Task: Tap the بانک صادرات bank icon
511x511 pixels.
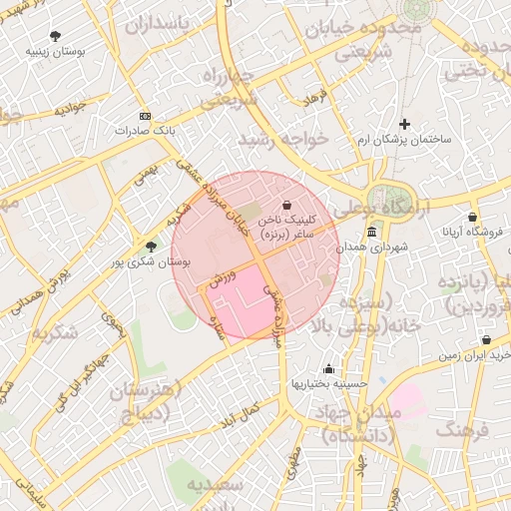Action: [x=146, y=116]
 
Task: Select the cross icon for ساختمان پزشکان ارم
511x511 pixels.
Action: [x=404, y=125]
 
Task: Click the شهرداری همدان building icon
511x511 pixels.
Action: [x=371, y=232]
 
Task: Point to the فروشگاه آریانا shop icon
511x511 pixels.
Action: [x=472, y=217]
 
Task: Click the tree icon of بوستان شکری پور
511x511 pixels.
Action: [x=151, y=246]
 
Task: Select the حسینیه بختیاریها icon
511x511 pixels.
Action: [x=328, y=368]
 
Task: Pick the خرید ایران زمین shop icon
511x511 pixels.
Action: [x=486, y=340]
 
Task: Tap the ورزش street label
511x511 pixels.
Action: [x=222, y=278]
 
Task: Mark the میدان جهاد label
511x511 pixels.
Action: [x=363, y=412]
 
